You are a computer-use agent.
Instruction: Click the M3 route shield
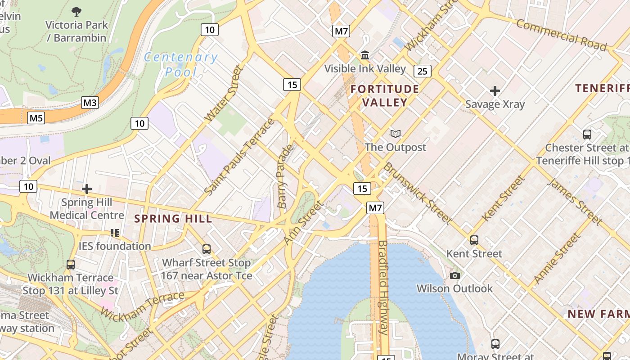pyautogui.click(x=90, y=103)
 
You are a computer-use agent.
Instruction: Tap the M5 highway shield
pyautogui.click(x=36, y=118)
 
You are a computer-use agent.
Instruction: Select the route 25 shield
pyautogui.click(x=422, y=71)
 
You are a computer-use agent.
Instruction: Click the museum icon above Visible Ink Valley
pyautogui.click(x=365, y=55)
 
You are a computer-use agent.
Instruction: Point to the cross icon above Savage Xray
pyautogui.click(x=495, y=91)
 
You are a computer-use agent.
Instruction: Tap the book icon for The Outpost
pyautogui.click(x=395, y=134)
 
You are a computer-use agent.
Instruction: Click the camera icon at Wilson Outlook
pyautogui.click(x=454, y=275)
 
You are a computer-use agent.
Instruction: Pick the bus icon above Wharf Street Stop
pyautogui.click(x=207, y=249)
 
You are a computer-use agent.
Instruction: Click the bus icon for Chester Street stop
pyautogui.click(x=587, y=134)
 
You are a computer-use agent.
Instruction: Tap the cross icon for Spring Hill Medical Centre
pyautogui.click(x=87, y=189)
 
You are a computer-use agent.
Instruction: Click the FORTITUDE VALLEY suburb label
pyautogui.click(x=385, y=95)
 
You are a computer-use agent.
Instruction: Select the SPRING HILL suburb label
pyautogui.click(x=173, y=219)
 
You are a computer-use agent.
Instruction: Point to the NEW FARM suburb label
pyautogui.click(x=598, y=314)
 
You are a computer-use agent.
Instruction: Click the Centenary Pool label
pyautogui.click(x=181, y=64)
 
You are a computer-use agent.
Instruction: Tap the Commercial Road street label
pyautogui.click(x=561, y=35)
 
